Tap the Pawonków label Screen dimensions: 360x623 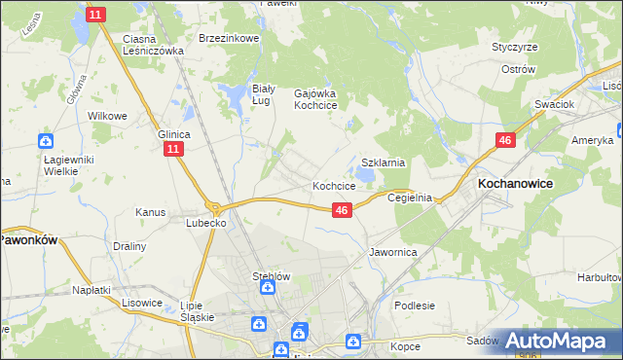30,237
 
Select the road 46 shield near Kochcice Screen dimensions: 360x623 341,209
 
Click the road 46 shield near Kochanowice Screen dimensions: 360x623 504,141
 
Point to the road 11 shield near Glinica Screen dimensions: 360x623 172,149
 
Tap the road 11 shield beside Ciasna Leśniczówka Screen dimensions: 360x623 95,15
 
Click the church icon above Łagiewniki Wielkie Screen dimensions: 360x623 45,140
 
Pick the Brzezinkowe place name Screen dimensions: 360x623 228,38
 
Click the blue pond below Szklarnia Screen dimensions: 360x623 364,175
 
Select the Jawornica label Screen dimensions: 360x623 393,251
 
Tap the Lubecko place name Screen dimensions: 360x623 206,222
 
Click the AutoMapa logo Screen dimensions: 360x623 554,341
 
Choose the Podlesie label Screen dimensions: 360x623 415,305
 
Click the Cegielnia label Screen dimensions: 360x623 410,197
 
